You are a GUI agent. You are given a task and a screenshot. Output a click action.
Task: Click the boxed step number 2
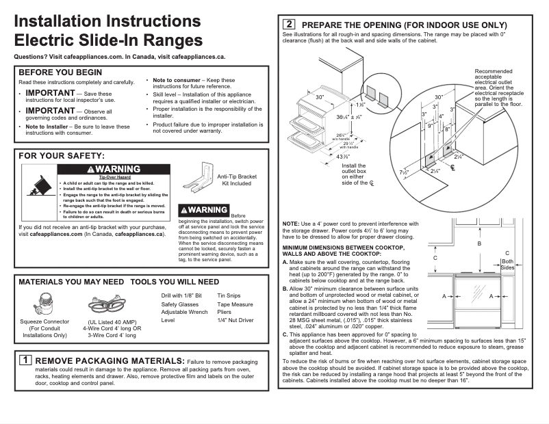pyautogui.click(x=289, y=24)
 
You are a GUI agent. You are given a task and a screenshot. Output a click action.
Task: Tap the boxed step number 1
pyautogui.click(x=25, y=360)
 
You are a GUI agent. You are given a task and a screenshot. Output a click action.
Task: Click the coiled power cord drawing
pyautogui.click(x=107, y=305)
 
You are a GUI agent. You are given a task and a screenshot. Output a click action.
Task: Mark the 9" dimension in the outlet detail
pyautogui.click(x=430, y=126)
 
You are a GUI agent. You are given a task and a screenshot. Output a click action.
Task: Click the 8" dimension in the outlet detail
pyautogui.click(x=447, y=129)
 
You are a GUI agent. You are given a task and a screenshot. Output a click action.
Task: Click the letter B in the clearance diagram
pyautogui.click(x=479, y=243)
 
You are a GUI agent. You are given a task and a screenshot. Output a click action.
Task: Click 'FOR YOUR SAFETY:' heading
pyautogui.click(x=62, y=157)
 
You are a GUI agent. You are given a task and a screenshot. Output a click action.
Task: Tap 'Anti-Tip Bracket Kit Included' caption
pyautogui.click(x=236, y=180)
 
